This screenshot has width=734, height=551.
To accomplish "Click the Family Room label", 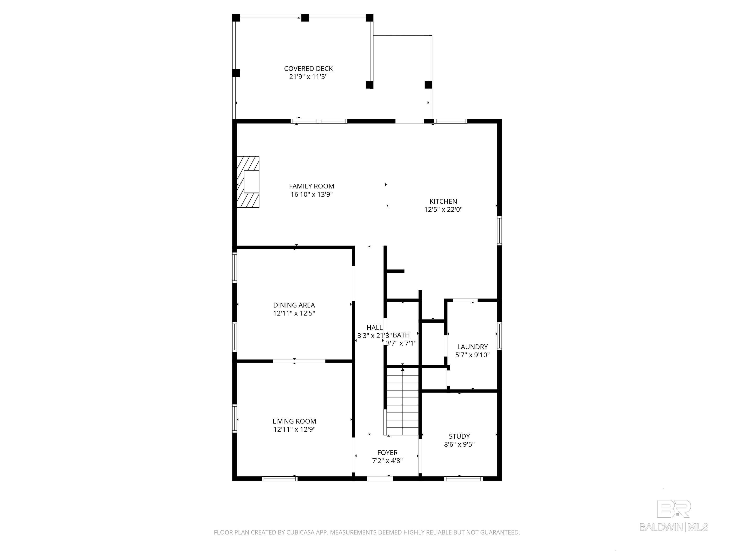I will click(311, 186).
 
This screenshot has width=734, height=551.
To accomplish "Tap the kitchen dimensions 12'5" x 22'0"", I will click(443, 209).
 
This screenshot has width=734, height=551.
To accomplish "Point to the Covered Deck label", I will click(308, 69).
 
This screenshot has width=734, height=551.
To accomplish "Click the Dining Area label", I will click(294, 305).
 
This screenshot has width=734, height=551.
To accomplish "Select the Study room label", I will click(459, 436).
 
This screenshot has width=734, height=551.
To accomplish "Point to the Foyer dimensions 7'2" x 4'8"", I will click(387, 461).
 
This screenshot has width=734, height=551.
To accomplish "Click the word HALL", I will click(374, 327).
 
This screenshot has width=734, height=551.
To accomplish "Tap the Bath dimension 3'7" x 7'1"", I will click(401, 343).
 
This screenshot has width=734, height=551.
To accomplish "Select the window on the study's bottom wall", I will click(463, 479).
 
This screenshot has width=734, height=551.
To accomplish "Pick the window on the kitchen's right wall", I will click(499, 231).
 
